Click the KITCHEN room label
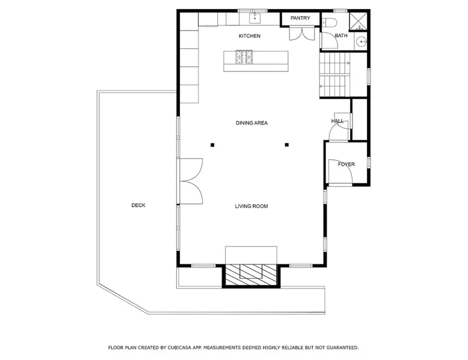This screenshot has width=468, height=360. pyautogui.click(x=250, y=36)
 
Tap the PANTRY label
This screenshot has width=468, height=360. pyautogui.click(x=300, y=18)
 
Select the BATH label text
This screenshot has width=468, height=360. pyautogui.click(x=341, y=36)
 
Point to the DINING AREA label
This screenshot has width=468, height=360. pyautogui.click(x=251, y=123)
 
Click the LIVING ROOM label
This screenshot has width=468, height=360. pyautogui.click(x=251, y=206)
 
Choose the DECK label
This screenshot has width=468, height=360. pyautogui.click(x=138, y=205)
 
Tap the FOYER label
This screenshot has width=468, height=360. pyautogui.click(x=346, y=164)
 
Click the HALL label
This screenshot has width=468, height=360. pyautogui.click(x=337, y=121)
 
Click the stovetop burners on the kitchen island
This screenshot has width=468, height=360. pyautogui.click(x=244, y=57)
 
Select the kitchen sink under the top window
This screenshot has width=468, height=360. pyautogui.click(x=255, y=18)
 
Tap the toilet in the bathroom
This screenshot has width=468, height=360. pyautogui.click(x=329, y=22)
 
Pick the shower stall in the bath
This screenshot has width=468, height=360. pyautogui.click(x=358, y=22)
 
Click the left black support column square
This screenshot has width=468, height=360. pyautogui.click(x=212, y=145)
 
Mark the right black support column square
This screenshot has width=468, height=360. pyautogui.click(x=287, y=145)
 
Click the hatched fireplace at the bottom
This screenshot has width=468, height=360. pyautogui.click(x=251, y=275)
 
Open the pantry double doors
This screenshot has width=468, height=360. pyautogui.click(x=302, y=34)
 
